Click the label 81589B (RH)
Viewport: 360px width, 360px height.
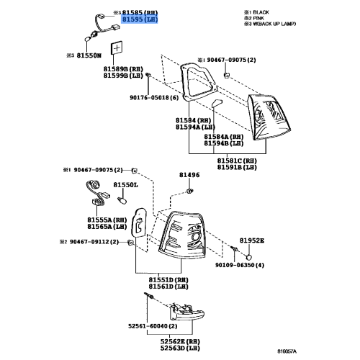122,68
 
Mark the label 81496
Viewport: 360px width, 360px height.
189,174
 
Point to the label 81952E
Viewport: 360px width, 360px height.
252,240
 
